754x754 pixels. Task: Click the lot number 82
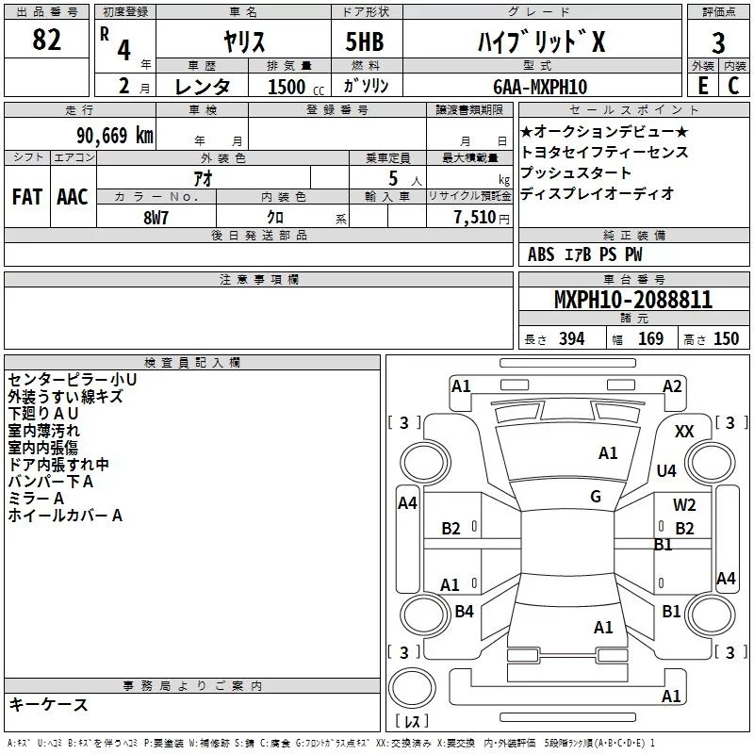pos(47,41)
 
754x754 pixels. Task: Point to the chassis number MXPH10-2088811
pos(633,301)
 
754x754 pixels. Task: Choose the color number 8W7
pos(156,215)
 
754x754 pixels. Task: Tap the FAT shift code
pos(26,197)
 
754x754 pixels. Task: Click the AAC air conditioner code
pos(72,197)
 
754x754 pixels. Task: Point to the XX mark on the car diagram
pos(685,431)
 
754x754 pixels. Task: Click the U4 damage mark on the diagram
pos(666,470)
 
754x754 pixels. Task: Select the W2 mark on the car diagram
pos(684,505)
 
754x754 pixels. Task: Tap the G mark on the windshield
pos(596,497)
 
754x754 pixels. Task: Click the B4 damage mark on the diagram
pos(464,612)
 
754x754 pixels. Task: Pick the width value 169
pos(650,339)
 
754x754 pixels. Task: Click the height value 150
pos(726,339)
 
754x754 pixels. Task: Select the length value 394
pos(571,339)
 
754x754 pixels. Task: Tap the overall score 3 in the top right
pos(718,43)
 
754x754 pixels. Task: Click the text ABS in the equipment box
pos(541,254)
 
